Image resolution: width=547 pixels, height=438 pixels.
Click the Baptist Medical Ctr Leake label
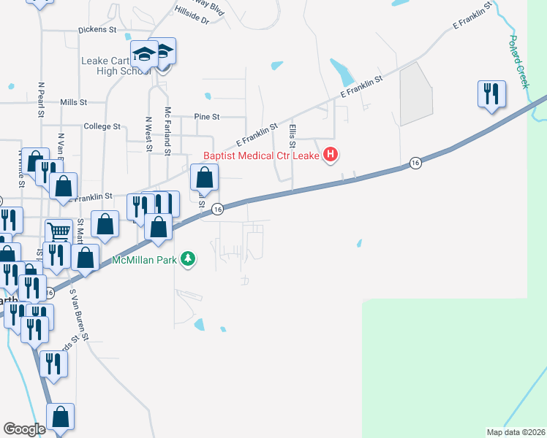(x=261, y=155)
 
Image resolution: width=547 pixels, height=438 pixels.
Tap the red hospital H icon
(x=331, y=155)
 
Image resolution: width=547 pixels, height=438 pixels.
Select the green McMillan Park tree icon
(x=189, y=259)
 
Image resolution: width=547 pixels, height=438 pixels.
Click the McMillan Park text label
(x=145, y=260)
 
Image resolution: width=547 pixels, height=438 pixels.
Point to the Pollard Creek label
(x=518, y=62)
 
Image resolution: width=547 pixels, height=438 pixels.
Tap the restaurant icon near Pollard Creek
(x=490, y=93)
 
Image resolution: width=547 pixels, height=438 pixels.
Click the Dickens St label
(x=98, y=31)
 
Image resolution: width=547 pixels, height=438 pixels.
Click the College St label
(x=102, y=126)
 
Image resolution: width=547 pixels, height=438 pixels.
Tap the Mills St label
(x=74, y=103)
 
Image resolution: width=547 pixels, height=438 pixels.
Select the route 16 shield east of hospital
(x=415, y=162)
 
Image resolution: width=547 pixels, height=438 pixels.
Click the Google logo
(x=24, y=429)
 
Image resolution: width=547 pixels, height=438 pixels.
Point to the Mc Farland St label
(x=167, y=131)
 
